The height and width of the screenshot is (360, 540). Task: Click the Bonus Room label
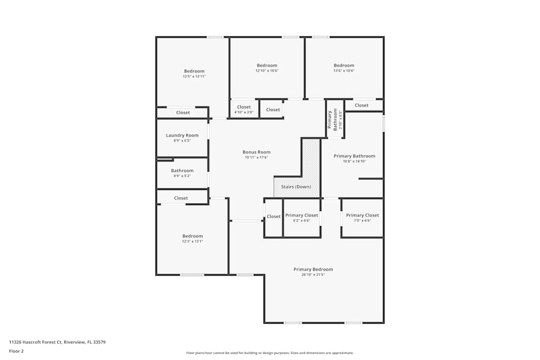point(256,152)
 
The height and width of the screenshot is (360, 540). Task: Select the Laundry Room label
point(182,135)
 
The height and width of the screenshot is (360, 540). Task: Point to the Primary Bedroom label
point(313,269)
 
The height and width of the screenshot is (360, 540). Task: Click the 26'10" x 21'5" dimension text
point(313,275)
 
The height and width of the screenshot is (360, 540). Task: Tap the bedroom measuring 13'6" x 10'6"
point(344,67)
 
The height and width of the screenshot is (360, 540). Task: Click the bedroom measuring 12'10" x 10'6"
point(267,67)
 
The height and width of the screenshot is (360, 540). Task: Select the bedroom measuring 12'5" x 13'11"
point(194,73)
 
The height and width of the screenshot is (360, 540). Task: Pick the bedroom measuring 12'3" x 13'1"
point(192,238)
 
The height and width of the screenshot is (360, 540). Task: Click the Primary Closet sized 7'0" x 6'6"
point(362,218)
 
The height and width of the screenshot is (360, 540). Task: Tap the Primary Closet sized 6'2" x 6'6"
point(302,218)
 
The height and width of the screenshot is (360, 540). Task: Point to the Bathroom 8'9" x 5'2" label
point(182,171)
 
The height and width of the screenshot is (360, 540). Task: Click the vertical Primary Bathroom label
point(335,119)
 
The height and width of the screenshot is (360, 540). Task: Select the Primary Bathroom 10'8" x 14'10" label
point(354,156)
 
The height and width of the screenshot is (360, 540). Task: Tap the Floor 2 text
point(16,351)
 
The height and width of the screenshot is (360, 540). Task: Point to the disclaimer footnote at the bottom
point(270,353)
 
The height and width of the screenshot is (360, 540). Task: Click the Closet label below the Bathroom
point(181,198)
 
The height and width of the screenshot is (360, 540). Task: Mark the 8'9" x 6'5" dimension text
point(182,141)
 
